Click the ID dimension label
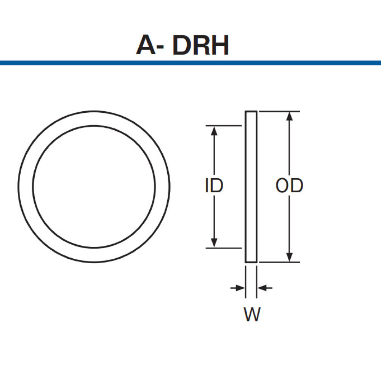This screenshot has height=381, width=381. click(x=214, y=186)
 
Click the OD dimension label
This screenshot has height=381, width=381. click(x=289, y=186)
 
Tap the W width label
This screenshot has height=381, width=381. click(x=252, y=314)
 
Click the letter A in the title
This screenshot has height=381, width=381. click(x=146, y=45)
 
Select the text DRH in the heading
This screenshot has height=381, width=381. click(x=201, y=45)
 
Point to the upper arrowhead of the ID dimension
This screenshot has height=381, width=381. click(x=214, y=131)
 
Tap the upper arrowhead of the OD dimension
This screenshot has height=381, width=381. click(x=289, y=116)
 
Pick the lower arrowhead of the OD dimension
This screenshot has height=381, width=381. click(x=289, y=257)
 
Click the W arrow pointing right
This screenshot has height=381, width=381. click(x=238, y=288)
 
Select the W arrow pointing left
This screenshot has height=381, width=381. click(x=265, y=288)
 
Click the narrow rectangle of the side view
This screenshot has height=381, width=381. click(x=251, y=187)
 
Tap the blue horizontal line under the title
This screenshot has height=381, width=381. click(x=190, y=63)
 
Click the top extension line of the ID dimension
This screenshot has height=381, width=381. click(x=224, y=126)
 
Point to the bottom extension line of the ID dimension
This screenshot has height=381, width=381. click(x=224, y=248)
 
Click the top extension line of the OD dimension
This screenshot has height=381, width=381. click(x=279, y=111)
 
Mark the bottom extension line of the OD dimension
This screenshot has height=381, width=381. click(x=279, y=263)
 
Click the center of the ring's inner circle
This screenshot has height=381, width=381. click(x=94, y=187)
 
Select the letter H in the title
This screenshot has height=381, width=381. click(x=220, y=45)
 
